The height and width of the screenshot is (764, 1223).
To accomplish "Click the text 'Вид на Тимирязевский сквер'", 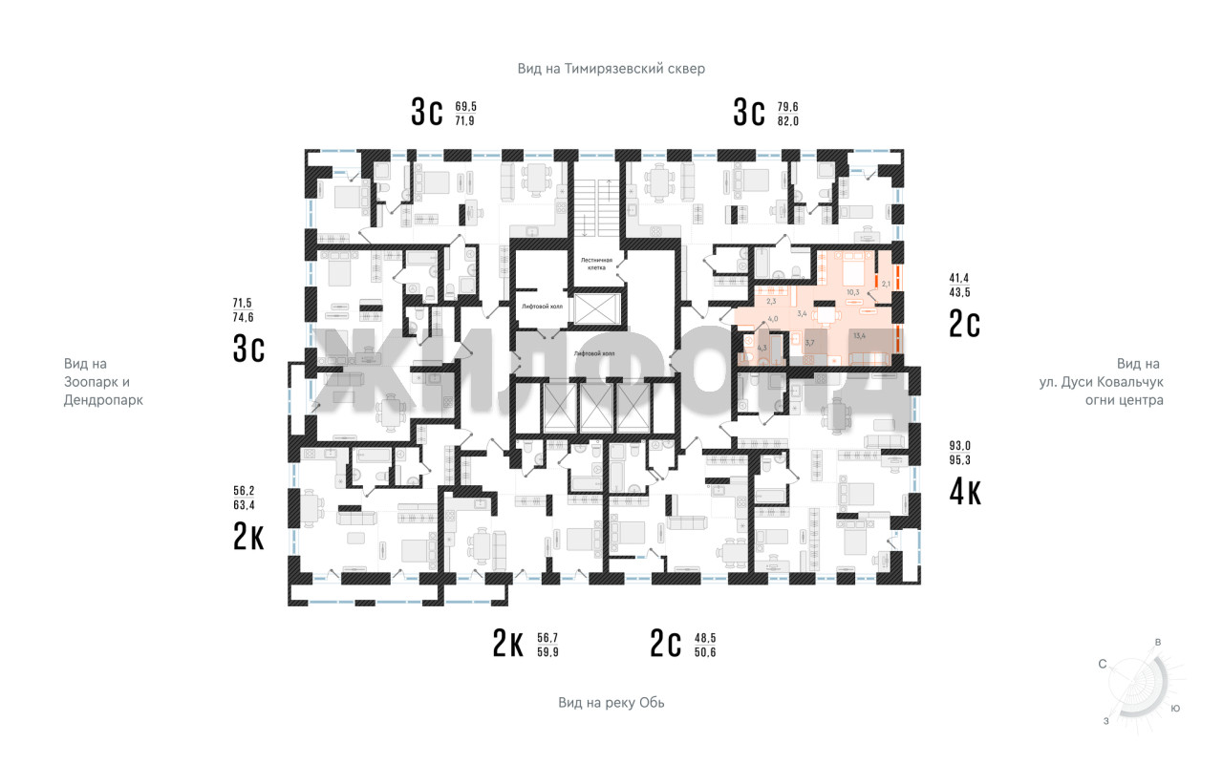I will click(x=611, y=69).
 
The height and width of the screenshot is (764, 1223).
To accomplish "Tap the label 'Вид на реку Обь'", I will click(x=611, y=703).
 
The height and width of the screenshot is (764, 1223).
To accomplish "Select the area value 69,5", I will click(x=465, y=106).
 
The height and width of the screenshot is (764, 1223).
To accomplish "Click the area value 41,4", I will click(x=958, y=277).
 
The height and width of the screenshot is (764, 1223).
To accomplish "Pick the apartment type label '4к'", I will click(x=964, y=491).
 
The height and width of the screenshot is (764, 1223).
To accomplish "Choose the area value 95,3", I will click(x=959, y=459).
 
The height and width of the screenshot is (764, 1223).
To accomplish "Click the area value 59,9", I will click(x=547, y=652).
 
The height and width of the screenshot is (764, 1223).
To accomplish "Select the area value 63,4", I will click(x=245, y=505).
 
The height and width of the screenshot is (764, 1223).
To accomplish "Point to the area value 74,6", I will click(x=245, y=318).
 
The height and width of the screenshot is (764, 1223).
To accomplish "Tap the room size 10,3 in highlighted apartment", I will click(x=853, y=292).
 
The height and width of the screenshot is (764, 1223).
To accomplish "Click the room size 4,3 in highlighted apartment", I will click(x=762, y=348).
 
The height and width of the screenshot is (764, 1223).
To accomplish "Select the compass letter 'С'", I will click(x=1102, y=663).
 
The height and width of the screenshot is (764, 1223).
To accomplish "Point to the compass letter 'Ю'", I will click(x=1175, y=709).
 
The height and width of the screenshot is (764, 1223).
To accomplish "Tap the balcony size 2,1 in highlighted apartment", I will click(x=886, y=284).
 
